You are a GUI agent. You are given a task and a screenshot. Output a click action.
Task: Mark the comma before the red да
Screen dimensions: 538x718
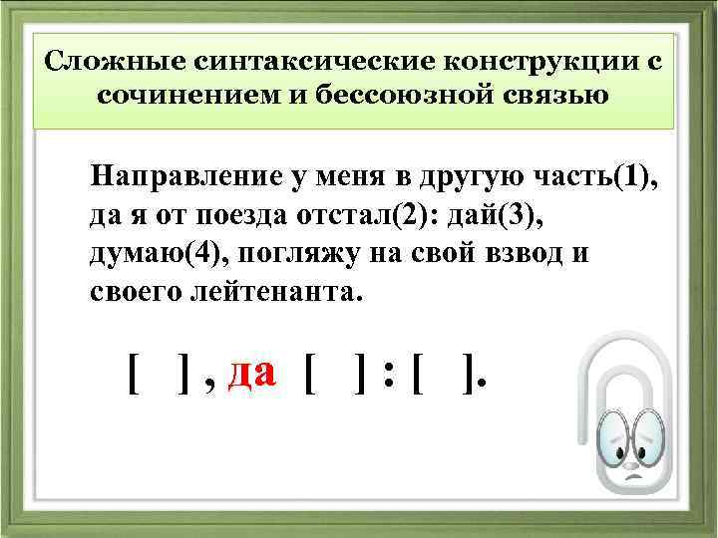(x=209, y=384)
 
